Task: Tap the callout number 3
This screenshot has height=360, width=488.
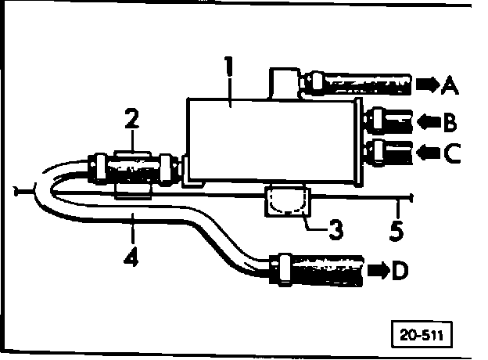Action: pos(334,230)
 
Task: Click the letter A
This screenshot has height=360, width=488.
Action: pos(449,84)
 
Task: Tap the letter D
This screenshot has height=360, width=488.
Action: pos(400,271)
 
